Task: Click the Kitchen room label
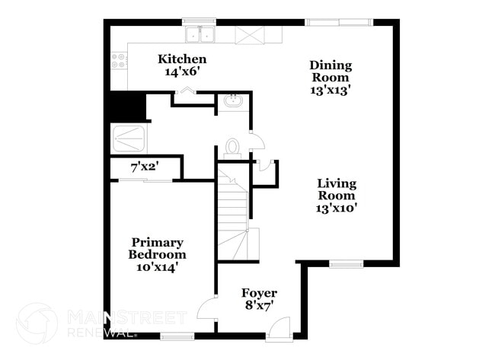[181, 59]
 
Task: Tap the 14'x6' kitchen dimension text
[181, 72]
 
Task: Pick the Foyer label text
[259, 293]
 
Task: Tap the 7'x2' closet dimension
[143, 167]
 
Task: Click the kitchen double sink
[200, 34]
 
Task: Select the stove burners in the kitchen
[119, 60]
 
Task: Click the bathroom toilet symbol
[233, 147]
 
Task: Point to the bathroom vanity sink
[232, 101]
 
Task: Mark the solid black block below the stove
[128, 106]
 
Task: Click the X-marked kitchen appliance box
[248, 35]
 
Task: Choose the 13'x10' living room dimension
[337, 207]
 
